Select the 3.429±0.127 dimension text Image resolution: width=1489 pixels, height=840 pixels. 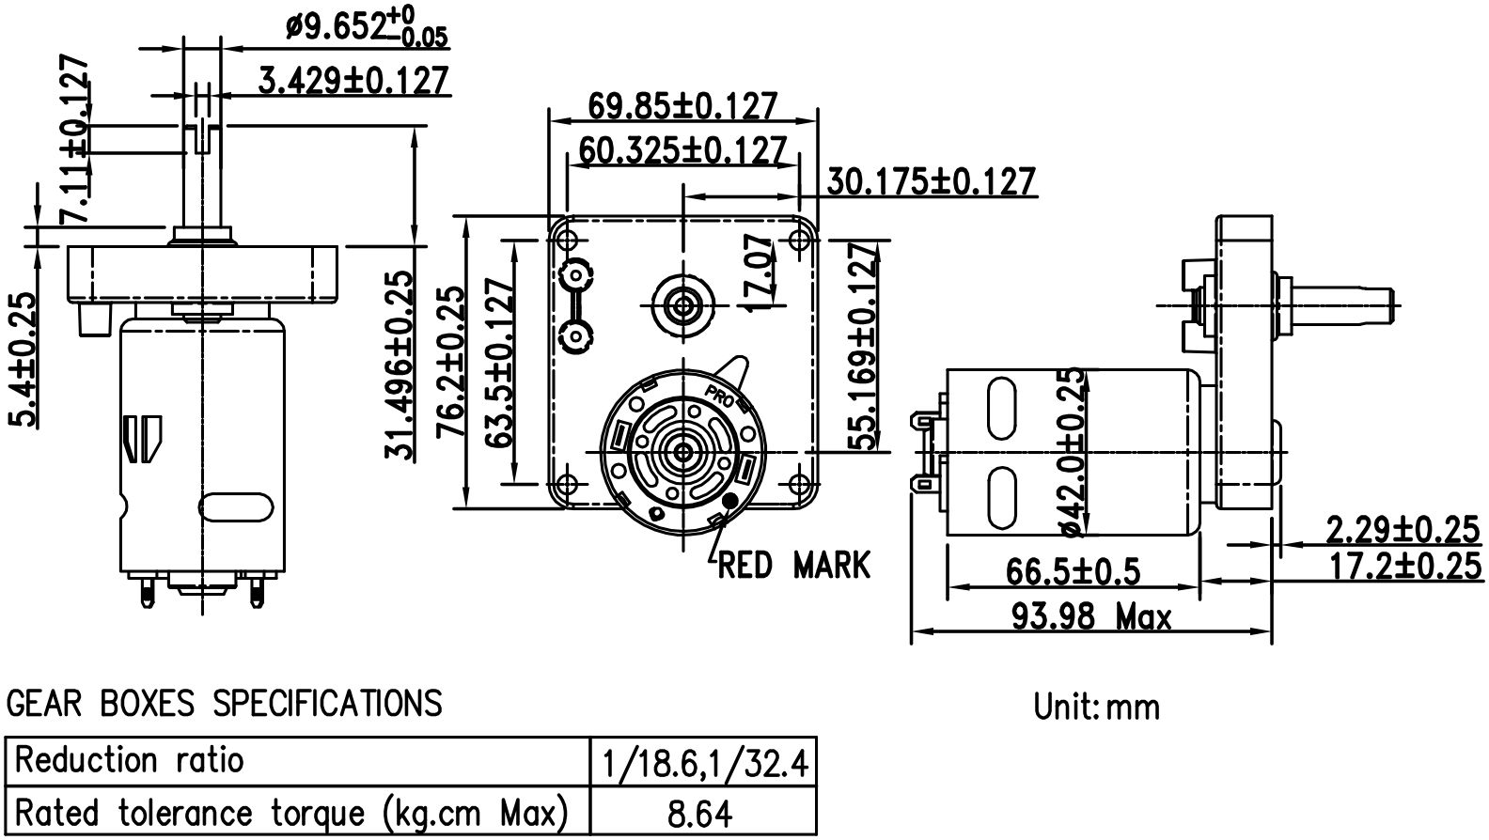(x=353, y=81)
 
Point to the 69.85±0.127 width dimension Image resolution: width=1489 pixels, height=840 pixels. (x=682, y=106)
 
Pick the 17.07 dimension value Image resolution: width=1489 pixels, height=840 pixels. (x=760, y=272)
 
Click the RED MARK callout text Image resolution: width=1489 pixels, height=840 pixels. (x=794, y=566)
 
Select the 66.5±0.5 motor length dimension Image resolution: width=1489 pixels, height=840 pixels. (x=1073, y=571)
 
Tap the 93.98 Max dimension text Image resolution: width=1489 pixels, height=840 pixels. (x=1091, y=616)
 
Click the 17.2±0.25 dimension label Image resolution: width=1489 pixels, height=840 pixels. (x=1404, y=567)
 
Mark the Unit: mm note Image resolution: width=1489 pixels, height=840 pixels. (x=1096, y=707)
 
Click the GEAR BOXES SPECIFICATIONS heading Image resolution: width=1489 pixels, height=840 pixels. (x=224, y=703)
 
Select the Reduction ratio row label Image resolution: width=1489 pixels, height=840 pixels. (x=130, y=760)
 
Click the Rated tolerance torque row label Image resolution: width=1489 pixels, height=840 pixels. (x=292, y=813)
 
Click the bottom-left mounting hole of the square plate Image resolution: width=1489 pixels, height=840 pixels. (x=565, y=484)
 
